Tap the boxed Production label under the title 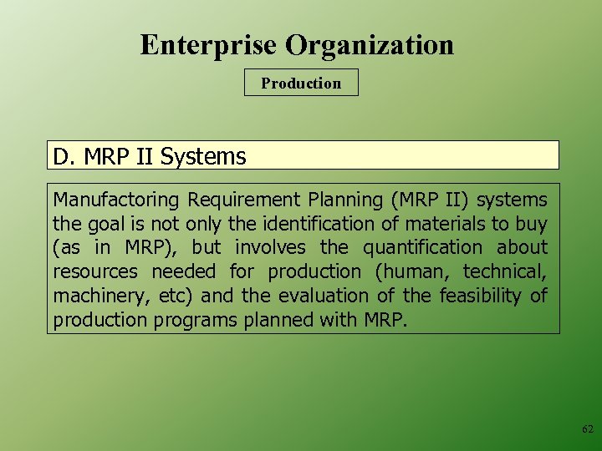click(x=301, y=83)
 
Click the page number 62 click(x=587, y=429)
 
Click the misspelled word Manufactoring click(x=116, y=200)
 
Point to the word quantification click(x=422, y=248)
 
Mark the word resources click(x=95, y=271)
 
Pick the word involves click(x=264, y=248)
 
